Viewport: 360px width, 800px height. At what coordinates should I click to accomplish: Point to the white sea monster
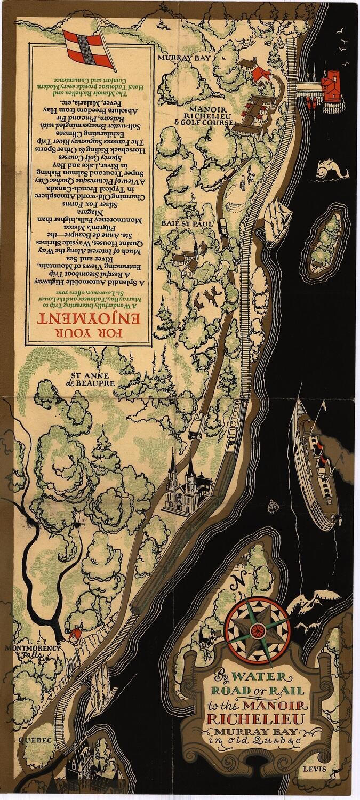click(330, 170)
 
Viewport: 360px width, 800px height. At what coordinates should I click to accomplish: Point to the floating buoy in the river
click(274, 505)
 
